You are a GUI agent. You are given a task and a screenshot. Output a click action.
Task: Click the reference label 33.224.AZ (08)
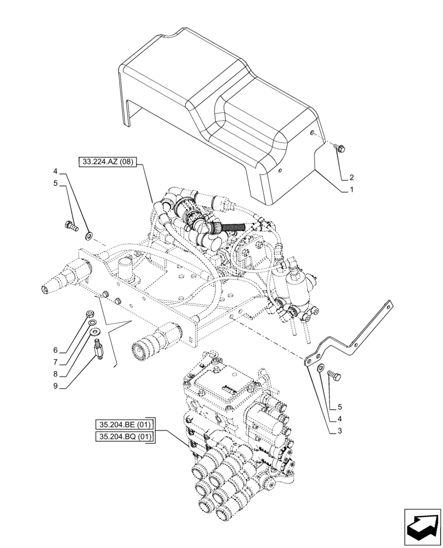[x=108, y=161]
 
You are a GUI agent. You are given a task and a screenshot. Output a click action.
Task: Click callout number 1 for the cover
[x=351, y=190]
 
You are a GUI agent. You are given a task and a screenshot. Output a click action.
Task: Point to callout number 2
[x=351, y=177]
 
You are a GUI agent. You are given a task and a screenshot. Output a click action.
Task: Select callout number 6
[x=55, y=350]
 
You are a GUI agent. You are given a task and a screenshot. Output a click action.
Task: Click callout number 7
[x=55, y=363]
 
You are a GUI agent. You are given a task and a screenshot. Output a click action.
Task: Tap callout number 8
[x=55, y=375]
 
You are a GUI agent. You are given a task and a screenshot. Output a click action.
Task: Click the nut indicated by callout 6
[x=89, y=313]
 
